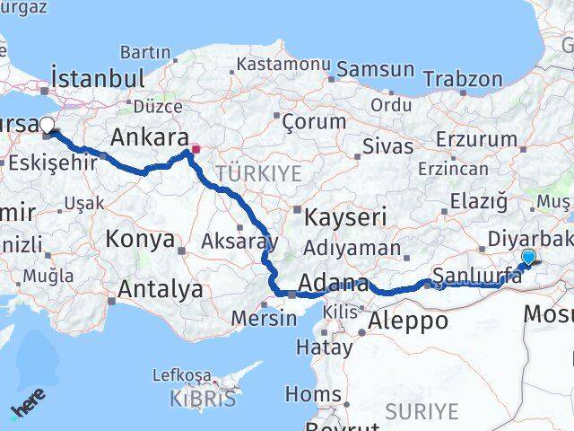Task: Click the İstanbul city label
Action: point(99,78)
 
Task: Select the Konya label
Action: point(140,240)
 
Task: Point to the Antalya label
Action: point(161,289)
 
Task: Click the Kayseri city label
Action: point(345,216)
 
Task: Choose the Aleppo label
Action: point(408,321)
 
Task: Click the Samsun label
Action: point(376,70)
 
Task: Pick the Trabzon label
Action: point(463,79)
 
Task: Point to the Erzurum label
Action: point(482,139)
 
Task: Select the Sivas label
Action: point(387,146)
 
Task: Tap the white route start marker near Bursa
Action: point(47,127)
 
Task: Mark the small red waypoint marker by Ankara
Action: point(195,148)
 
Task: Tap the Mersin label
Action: point(264,318)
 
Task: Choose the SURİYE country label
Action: point(421,412)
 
